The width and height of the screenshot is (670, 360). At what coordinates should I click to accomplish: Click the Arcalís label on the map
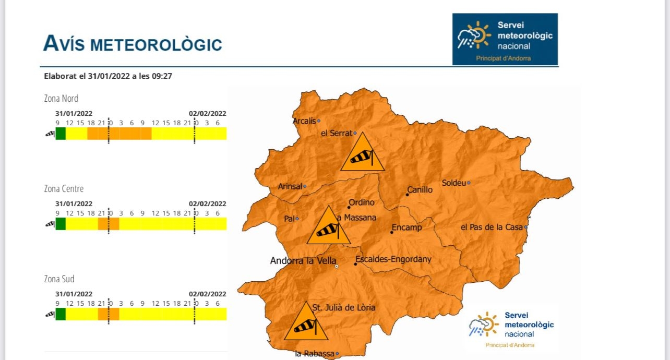304,121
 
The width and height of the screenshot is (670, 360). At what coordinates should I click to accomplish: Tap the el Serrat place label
337,133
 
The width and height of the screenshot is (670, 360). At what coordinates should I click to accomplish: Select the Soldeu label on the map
453,183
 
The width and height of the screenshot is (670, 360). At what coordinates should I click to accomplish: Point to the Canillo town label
420,190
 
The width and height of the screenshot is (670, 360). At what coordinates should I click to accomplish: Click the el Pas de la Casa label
492,227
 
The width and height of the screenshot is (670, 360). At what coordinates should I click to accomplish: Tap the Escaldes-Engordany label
393,259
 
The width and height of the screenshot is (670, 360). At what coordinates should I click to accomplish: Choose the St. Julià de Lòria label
343,307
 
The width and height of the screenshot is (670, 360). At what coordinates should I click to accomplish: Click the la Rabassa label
314,354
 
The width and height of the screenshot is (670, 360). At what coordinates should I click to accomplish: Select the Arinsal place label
290,186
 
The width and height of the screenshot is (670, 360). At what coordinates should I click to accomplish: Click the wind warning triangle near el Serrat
363,153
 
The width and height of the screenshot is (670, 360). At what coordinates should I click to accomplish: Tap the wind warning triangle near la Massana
328,226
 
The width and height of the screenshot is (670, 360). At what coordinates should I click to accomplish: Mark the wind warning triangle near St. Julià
305,322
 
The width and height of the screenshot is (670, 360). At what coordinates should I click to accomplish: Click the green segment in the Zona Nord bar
61,134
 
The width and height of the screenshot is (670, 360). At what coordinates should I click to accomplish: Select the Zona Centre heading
64,189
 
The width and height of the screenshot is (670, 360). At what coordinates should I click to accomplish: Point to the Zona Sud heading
59,279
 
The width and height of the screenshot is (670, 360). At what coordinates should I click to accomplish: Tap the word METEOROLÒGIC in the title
157,45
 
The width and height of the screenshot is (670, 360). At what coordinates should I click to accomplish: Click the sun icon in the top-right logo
480,34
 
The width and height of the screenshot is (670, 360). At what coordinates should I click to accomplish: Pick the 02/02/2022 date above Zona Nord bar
207,113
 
